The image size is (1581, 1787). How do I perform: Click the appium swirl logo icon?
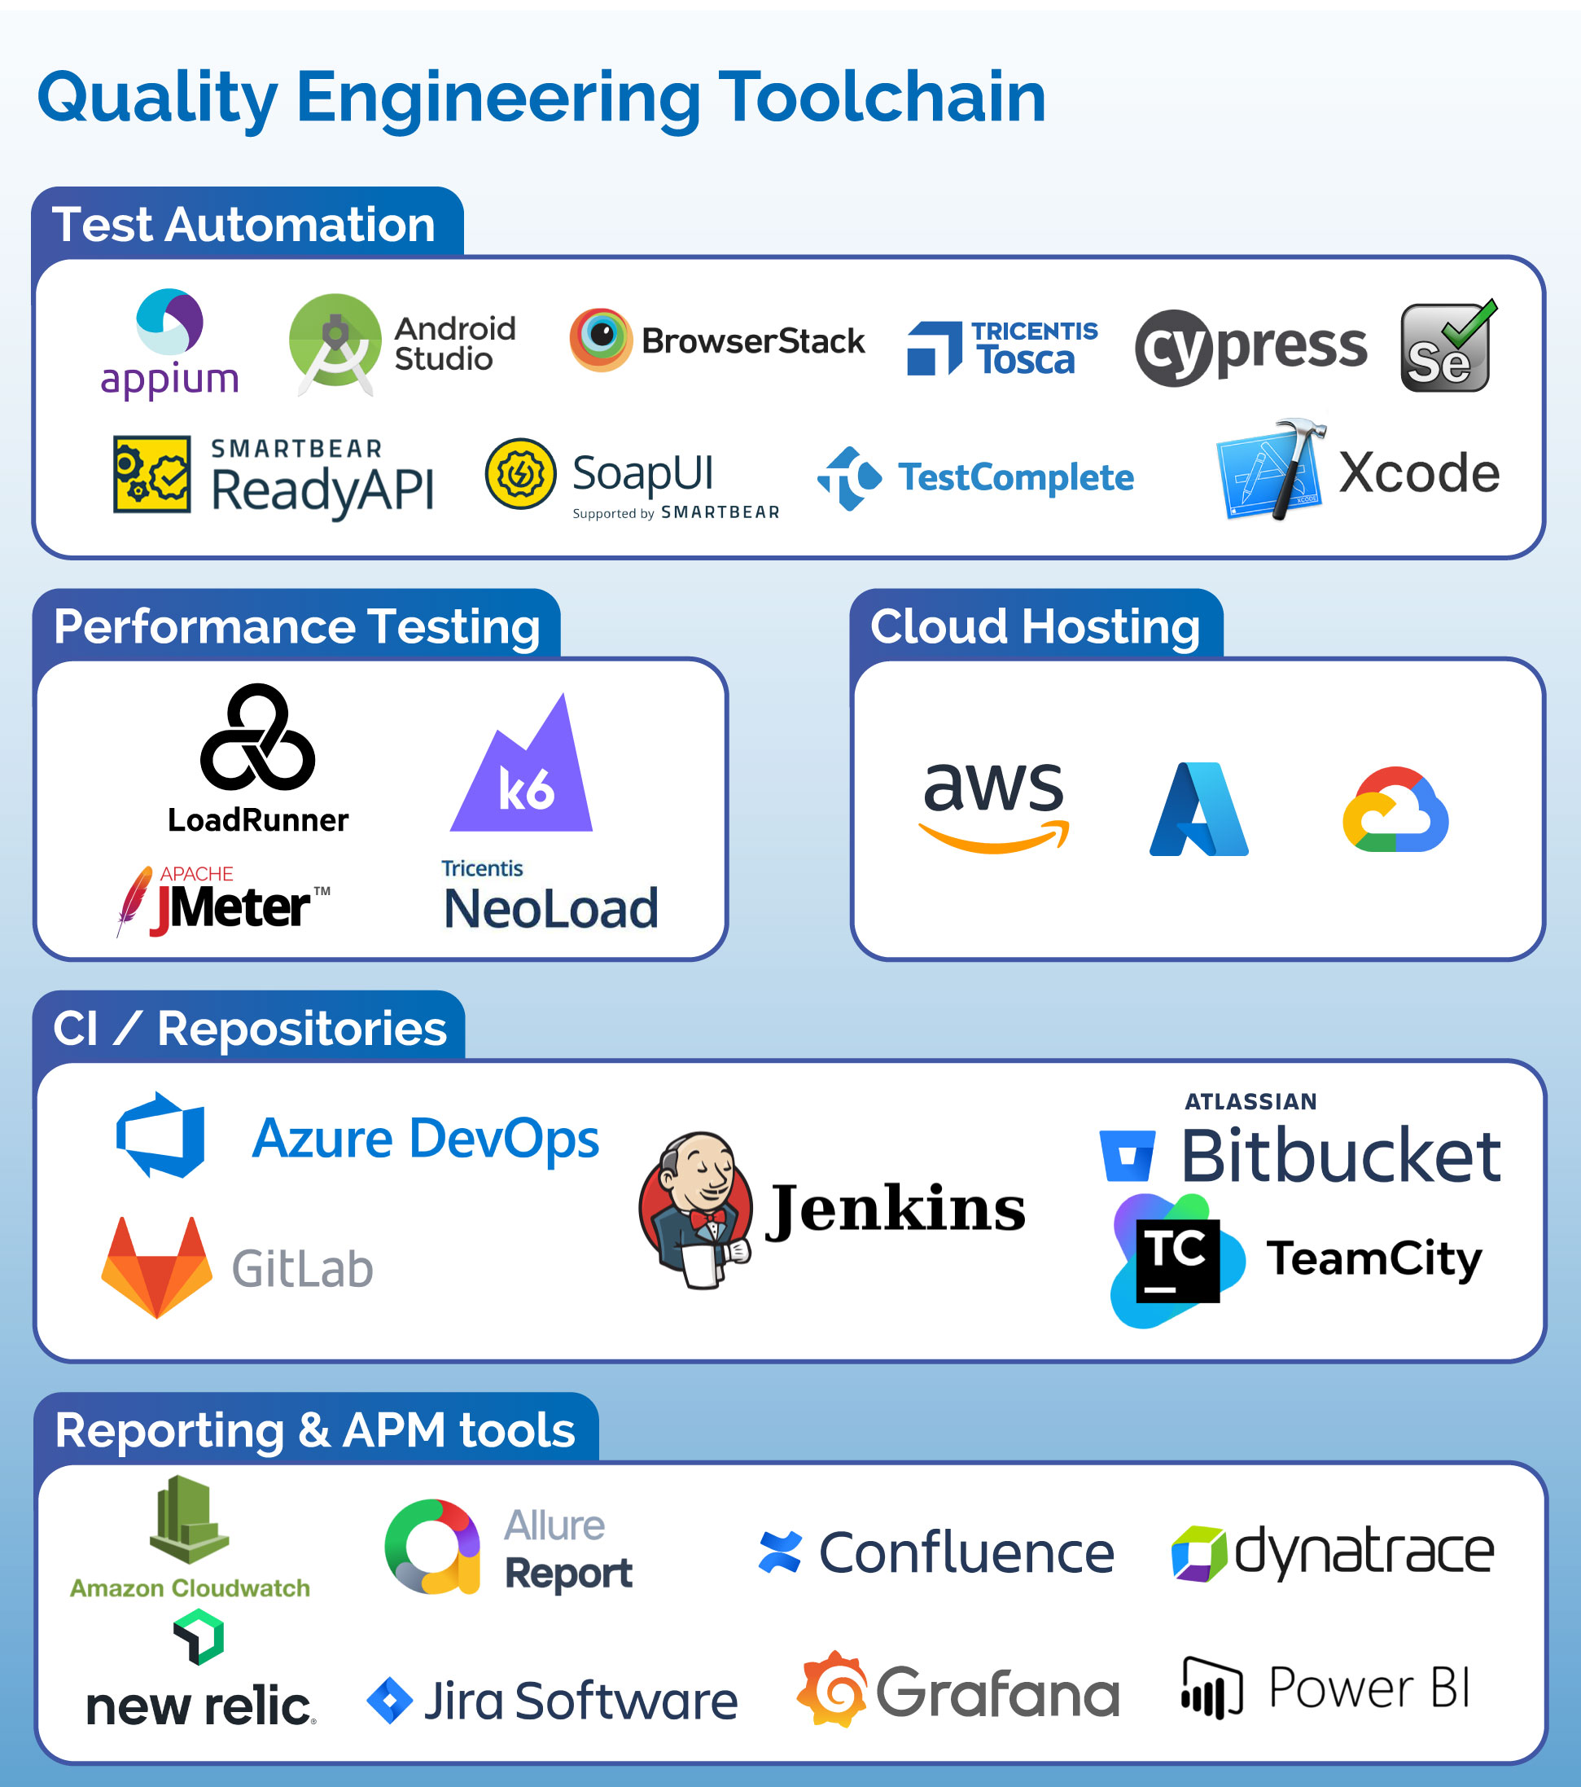[x=169, y=322]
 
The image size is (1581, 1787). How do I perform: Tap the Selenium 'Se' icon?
[x=1447, y=347]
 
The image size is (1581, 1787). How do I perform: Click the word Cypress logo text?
[x=1250, y=347]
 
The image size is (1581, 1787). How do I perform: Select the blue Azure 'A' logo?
[x=1198, y=809]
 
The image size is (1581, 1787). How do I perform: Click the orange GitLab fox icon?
[x=156, y=1267]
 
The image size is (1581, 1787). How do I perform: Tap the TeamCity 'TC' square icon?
[x=1176, y=1261]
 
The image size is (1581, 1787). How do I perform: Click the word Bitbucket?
[x=1341, y=1156]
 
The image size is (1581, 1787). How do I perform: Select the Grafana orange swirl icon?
[x=833, y=1689]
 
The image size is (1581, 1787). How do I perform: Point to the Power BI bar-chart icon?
[x=1211, y=1687]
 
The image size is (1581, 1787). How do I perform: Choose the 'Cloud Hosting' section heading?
[x=1035, y=626]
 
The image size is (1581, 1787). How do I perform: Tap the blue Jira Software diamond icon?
[x=390, y=1701]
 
